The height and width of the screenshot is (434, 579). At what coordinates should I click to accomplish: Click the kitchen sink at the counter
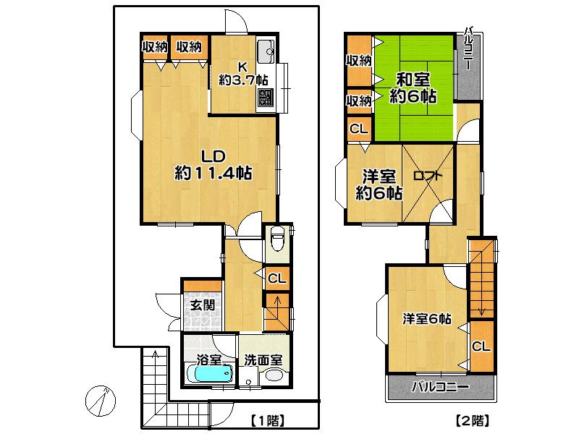coord(266,50)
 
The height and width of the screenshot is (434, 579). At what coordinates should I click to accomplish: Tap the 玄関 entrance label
coord(203,305)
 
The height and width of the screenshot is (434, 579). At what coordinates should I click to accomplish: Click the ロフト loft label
coord(428,176)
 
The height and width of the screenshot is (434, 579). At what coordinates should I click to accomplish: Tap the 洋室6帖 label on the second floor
coord(428,318)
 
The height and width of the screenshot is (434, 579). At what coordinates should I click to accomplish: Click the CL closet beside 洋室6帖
coord(481,346)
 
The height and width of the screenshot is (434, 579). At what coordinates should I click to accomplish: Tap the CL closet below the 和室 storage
coord(358,130)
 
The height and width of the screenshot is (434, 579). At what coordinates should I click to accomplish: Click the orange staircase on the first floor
coord(276,312)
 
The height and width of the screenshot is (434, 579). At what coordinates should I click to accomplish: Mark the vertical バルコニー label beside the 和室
coord(470,49)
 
